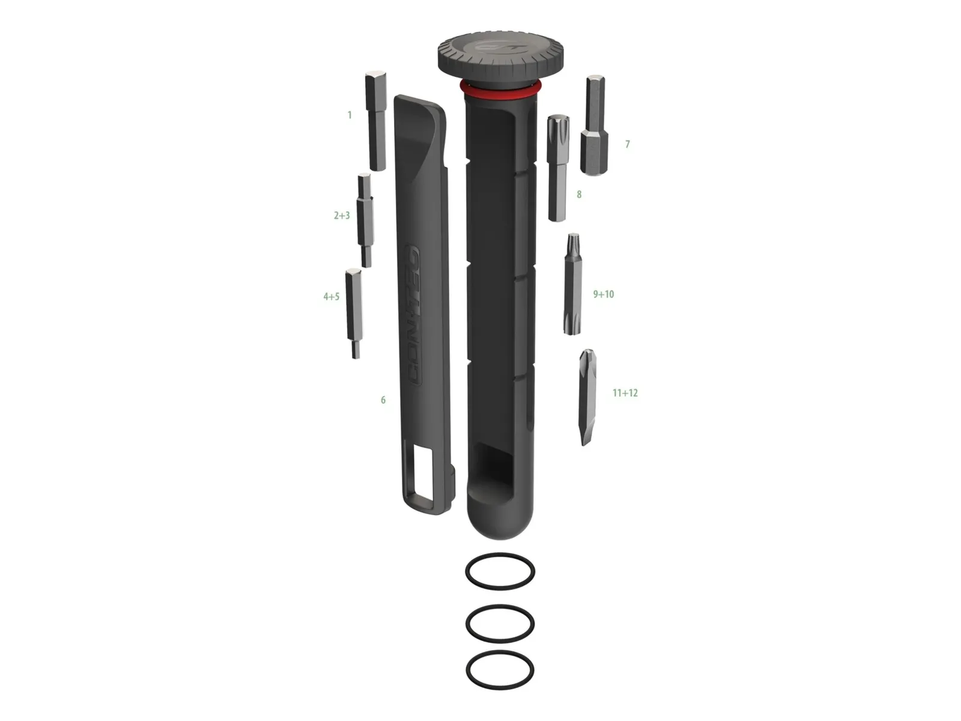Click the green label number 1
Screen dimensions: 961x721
[x=350, y=115]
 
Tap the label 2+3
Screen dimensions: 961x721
[x=342, y=215]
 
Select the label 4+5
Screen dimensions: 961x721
[x=331, y=297]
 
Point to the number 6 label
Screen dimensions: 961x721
[x=383, y=400]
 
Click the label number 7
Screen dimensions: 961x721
[x=628, y=144]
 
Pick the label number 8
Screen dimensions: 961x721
[x=579, y=194]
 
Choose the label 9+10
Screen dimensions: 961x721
[x=603, y=294]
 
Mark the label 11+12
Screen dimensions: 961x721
[x=625, y=393]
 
